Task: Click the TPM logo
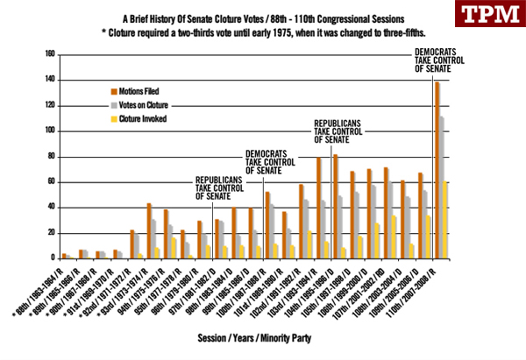[x=487, y=16]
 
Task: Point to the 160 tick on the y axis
[x=49, y=54]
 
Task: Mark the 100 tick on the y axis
[x=49, y=131]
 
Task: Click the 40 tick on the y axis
[x=51, y=208]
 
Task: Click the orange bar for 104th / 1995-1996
[x=335, y=207]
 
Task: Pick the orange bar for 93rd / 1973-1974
[x=149, y=231]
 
